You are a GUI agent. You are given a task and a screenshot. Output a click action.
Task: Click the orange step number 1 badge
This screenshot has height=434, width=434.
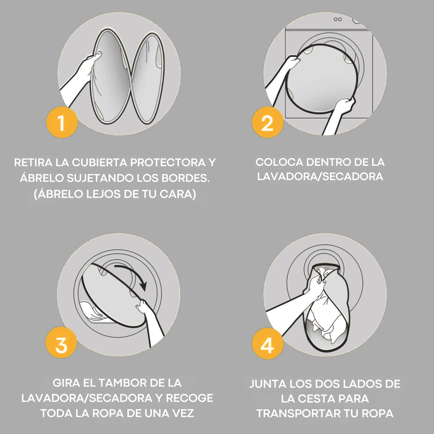coord(62,123)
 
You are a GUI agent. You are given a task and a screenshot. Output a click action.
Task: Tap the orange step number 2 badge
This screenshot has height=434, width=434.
coord(267,123)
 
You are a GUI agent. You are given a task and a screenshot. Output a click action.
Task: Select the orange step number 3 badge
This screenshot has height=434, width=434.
coord(61,342)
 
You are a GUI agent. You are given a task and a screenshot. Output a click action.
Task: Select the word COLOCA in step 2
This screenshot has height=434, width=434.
coord(279,162)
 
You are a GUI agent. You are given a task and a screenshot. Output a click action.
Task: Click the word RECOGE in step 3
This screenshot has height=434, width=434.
coord(190,398)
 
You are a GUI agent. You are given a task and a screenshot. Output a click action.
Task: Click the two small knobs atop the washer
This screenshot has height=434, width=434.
coord(338,19)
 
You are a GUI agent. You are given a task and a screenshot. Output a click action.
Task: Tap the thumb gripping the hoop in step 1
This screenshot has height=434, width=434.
coord(98,54)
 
